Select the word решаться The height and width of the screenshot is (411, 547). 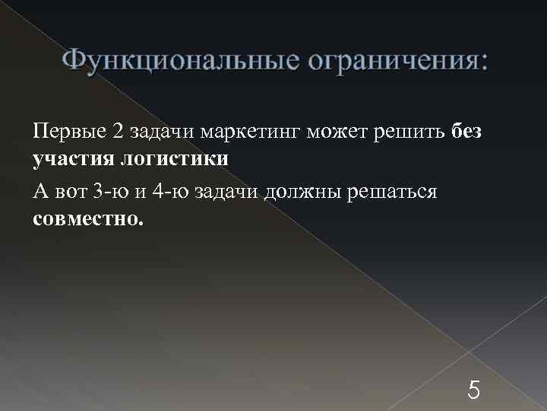392,190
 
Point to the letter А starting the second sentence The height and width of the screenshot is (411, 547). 40,190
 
